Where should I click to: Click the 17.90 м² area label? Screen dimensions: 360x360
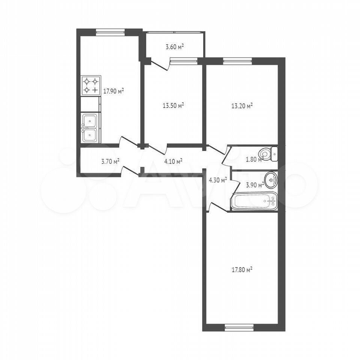pyautogui.click(x=114, y=91)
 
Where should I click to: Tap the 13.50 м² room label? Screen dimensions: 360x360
pyautogui.click(x=173, y=105)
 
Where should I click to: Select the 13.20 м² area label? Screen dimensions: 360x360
pyautogui.click(x=242, y=106)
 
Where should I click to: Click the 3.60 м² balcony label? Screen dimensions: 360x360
pyautogui.click(x=175, y=47)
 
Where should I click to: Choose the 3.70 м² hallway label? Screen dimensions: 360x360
pyautogui.click(x=110, y=161)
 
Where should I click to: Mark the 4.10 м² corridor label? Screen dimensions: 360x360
pyautogui.click(x=173, y=161)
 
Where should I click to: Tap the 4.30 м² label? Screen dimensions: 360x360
pyautogui.click(x=217, y=180)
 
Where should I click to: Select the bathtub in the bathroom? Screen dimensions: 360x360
pyautogui.click(x=254, y=201)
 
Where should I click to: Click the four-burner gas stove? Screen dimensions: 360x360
pyautogui.click(x=91, y=85)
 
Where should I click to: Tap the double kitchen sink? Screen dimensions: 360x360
pyautogui.click(x=90, y=128)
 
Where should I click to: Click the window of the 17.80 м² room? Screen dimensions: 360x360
pyautogui.click(x=239, y=327)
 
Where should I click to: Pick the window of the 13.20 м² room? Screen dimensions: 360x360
pyautogui.click(x=237, y=61)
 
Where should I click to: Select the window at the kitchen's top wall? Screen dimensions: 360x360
pyautogui.click(x=110, y=32)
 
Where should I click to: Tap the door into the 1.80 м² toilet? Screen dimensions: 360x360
pyautogui.click(x=226, y=155)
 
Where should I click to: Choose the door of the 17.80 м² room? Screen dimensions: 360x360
pyautogui.click(x=218, y=206)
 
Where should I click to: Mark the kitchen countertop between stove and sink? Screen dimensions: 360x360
pyautogui.click(x=90, y=104)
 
